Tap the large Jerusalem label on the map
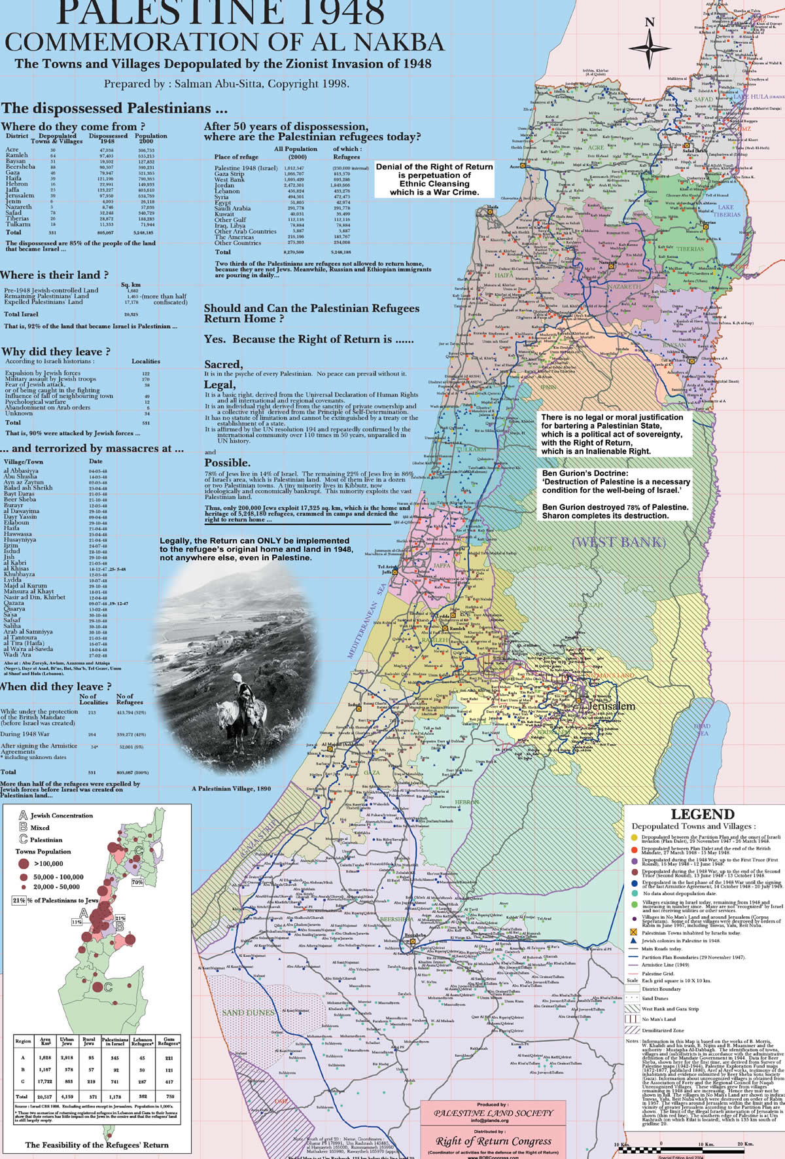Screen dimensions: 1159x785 [611, 707]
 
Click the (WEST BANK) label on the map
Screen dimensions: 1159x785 [618, 542]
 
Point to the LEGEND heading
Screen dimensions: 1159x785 [703, 815]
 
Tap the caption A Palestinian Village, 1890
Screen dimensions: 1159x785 [231, 789]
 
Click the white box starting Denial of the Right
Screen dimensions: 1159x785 [434, 179]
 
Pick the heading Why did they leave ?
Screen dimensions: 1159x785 [56, 351]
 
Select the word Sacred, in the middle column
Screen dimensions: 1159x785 [224, 364]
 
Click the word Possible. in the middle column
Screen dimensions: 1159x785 [228, 463]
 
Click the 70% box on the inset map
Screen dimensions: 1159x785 [137, 882]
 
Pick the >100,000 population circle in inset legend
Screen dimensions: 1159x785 [24, 865]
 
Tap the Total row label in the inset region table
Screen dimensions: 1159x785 [22, 1096]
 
